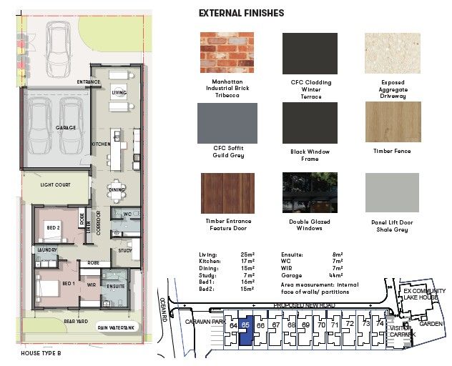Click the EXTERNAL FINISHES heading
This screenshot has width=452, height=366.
[x=241, y=13]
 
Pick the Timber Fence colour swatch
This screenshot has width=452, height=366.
[x=393, y=122]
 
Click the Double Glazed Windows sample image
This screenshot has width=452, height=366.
[x=310, y=192]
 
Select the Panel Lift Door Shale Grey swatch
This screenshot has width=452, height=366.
[x=393, y=192]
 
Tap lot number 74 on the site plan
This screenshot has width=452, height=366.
[x=380, y=325]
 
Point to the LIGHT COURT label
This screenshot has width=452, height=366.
[x=55, y=185]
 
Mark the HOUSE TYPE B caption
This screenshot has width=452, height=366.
[x=41, y=353]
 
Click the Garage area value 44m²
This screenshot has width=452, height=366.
[x=335, y=274]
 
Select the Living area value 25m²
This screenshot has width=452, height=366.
[x=247, y=254]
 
